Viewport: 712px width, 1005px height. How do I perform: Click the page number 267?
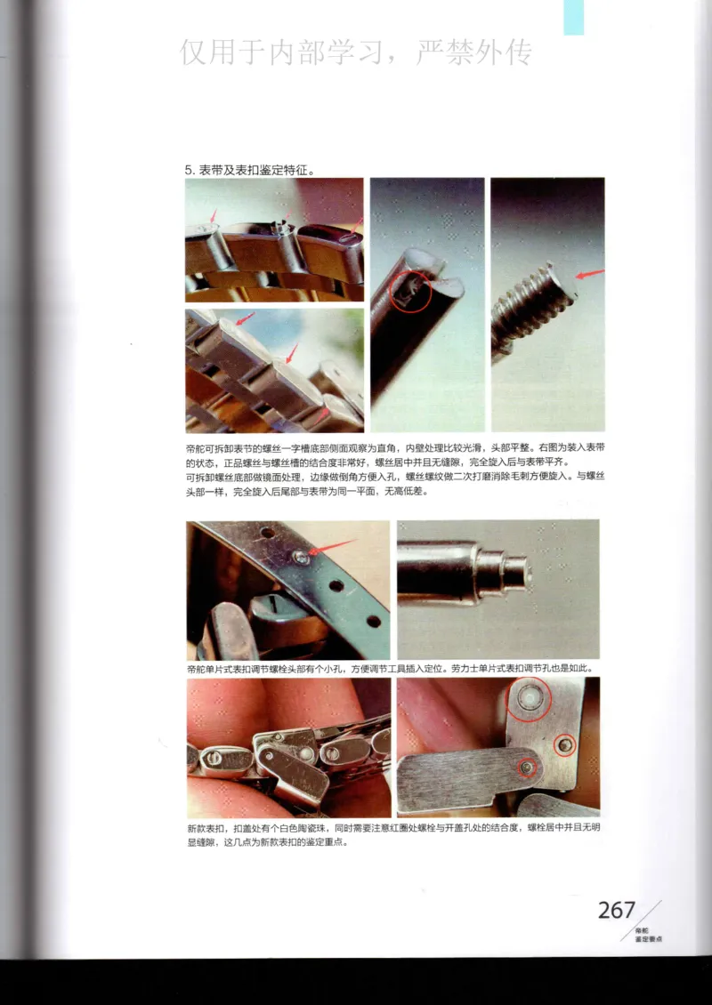(617, 910)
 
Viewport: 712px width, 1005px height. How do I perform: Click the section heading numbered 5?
(250, 169)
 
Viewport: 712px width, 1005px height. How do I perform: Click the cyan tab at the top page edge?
(574, 17)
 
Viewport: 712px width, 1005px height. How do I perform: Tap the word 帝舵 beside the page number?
(642, 929)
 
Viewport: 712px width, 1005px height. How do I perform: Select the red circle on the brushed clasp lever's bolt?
(530, 768)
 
